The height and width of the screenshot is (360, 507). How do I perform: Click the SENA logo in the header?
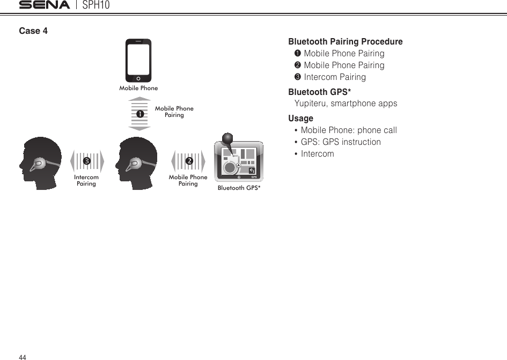pos(44,5)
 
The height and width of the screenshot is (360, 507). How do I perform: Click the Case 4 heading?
pos(33,31)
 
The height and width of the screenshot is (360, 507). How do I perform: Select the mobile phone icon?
pos(138,60)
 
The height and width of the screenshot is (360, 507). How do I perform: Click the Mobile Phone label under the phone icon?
pos(138,88)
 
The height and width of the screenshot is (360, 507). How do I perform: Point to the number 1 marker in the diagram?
pos(139,114)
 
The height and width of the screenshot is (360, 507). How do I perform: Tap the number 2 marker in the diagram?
pos(189,161)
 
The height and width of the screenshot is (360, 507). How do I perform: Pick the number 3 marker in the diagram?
pos(86,161)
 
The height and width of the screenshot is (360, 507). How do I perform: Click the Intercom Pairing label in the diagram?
pos(86,180)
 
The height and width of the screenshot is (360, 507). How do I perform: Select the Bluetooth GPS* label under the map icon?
pos(239,188)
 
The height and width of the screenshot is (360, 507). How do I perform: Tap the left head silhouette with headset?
pos(42,163)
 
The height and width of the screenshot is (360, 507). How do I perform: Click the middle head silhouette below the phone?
pos(137,163)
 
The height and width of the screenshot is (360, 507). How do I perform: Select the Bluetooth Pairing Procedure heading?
pos(346,42)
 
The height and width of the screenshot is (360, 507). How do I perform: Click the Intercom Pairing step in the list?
pos(335,77)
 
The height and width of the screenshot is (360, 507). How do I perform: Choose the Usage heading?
pos(300,118)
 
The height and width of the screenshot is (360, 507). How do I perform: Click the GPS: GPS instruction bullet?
pos(341,142)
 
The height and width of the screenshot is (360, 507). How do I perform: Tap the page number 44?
pos(23,357)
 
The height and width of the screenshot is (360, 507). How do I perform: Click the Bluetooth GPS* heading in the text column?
pos(320,92)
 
